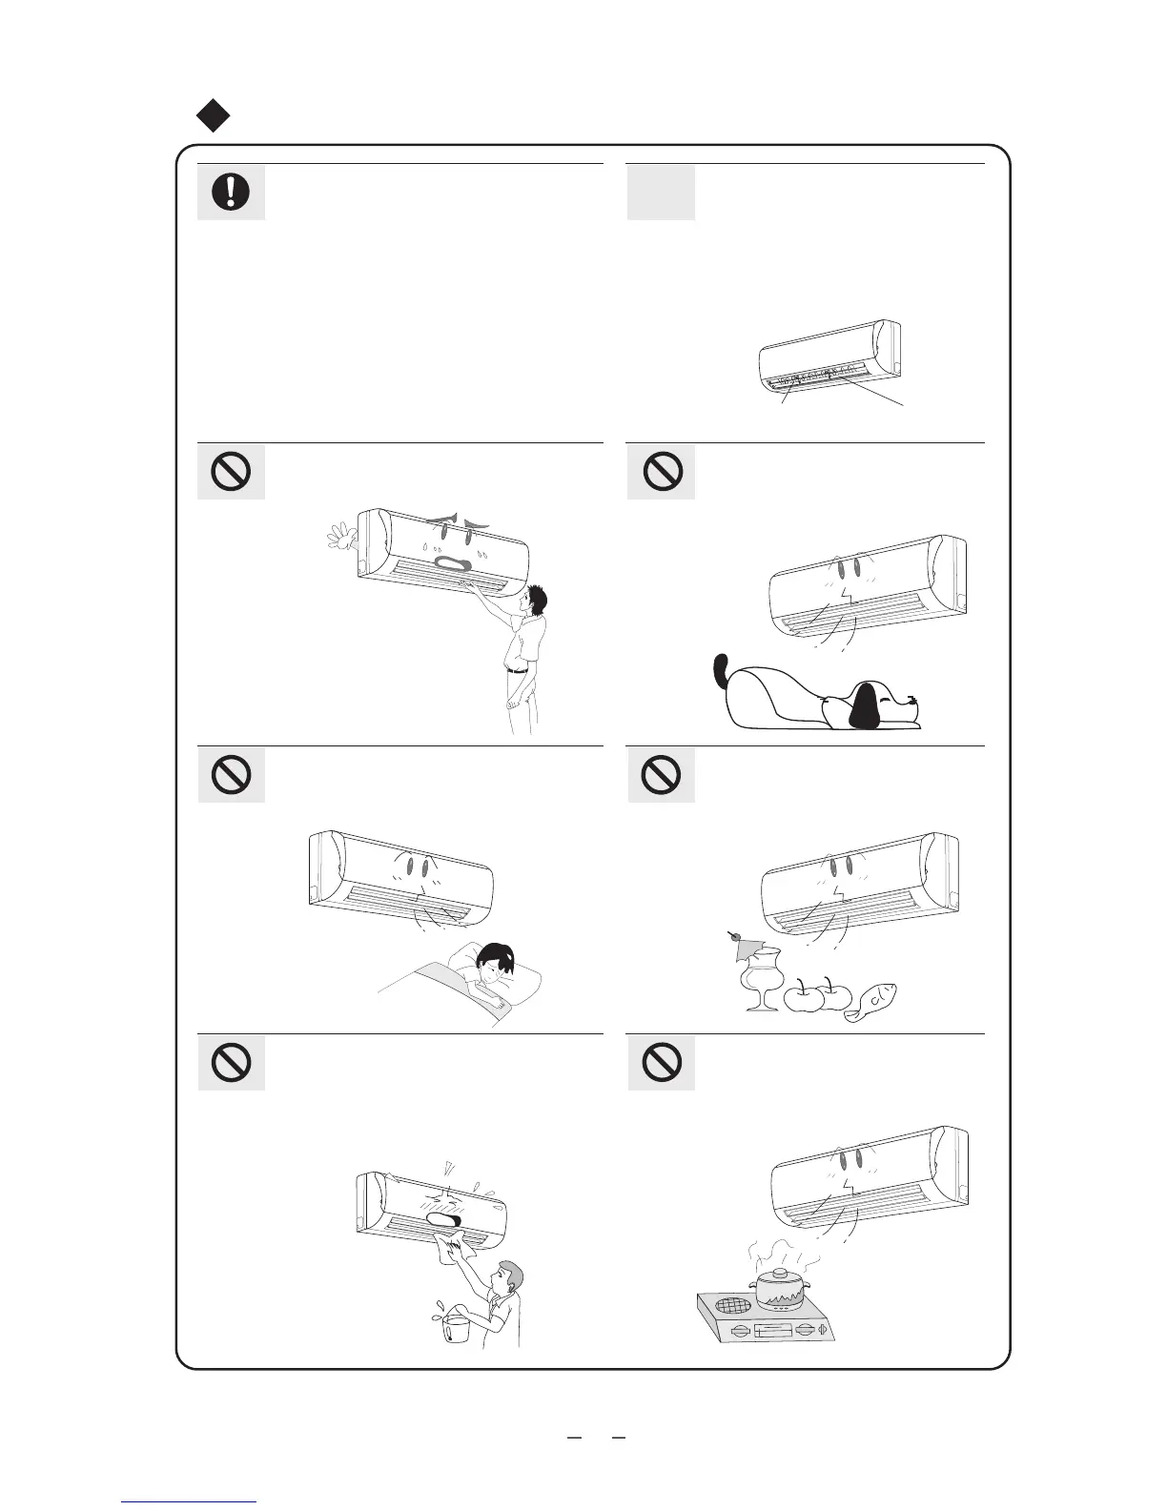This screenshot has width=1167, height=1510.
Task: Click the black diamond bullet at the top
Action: click(x=214, y=116)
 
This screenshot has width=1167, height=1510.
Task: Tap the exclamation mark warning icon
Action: click(x=231, y=193)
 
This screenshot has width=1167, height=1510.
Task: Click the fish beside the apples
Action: click(x=872, y=1004)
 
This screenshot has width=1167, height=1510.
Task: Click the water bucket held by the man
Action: click(x=455, y=1327)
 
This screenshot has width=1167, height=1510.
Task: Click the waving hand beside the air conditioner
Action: click(x=338, y=540)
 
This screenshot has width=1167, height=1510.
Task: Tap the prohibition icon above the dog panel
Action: click(x=661, y=471)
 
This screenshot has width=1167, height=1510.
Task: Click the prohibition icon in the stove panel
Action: click(x=661, y=1062)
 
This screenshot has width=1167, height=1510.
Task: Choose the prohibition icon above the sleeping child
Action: click(x=231, y=774)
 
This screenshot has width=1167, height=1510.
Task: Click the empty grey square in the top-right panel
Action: click(x=661, y=193)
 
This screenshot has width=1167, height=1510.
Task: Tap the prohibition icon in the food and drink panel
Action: click(x=661, y=774)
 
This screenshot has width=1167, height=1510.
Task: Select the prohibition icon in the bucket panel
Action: click(x=231, y=1062)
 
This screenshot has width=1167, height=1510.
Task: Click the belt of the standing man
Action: click(x=518, y=670)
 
